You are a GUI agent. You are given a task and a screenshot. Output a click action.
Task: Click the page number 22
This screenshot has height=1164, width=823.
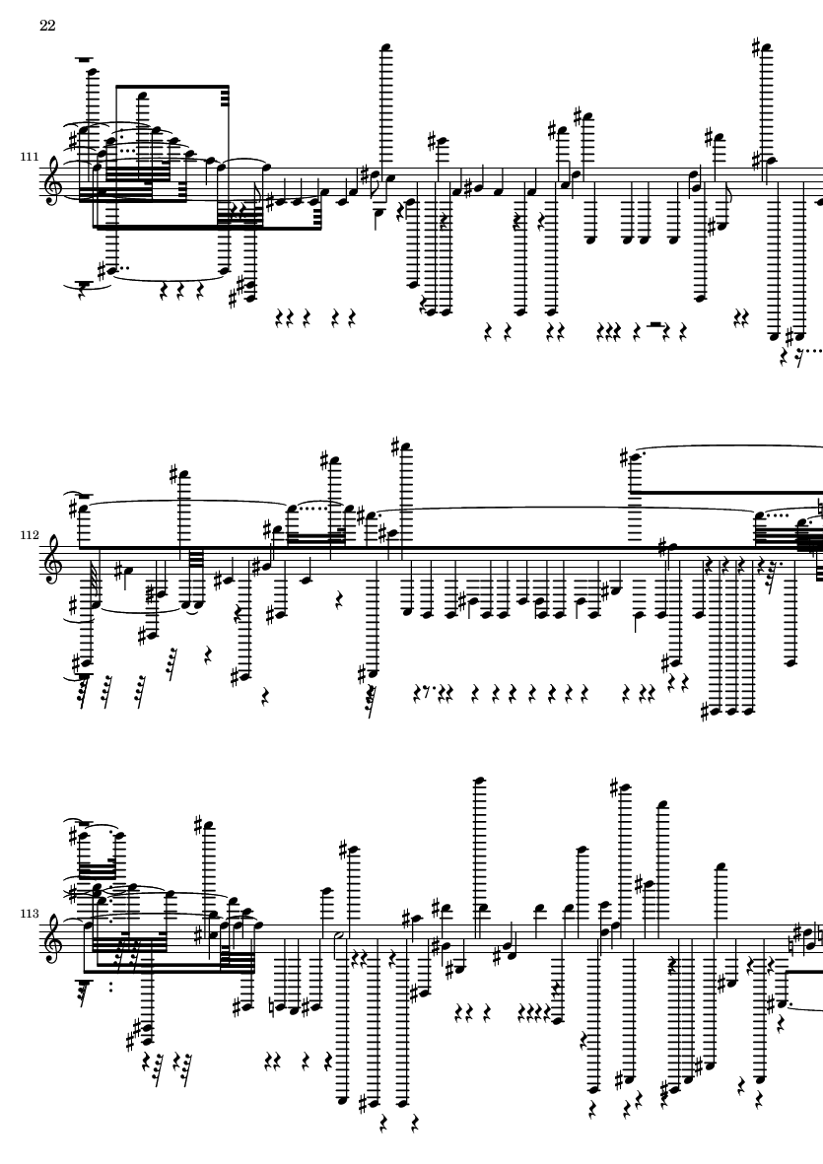tap(47, 26)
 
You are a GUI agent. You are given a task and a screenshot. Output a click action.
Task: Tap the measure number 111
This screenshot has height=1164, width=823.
tap(30, 157)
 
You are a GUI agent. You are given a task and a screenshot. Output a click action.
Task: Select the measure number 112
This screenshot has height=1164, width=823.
tap(30, 534)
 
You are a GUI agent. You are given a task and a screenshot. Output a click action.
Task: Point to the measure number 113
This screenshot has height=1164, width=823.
tap(30, 913)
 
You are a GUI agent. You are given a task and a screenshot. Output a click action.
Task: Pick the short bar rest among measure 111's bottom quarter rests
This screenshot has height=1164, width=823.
tap(654, 324)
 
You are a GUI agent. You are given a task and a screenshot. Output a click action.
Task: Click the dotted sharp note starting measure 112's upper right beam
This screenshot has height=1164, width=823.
tap(633, 457)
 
